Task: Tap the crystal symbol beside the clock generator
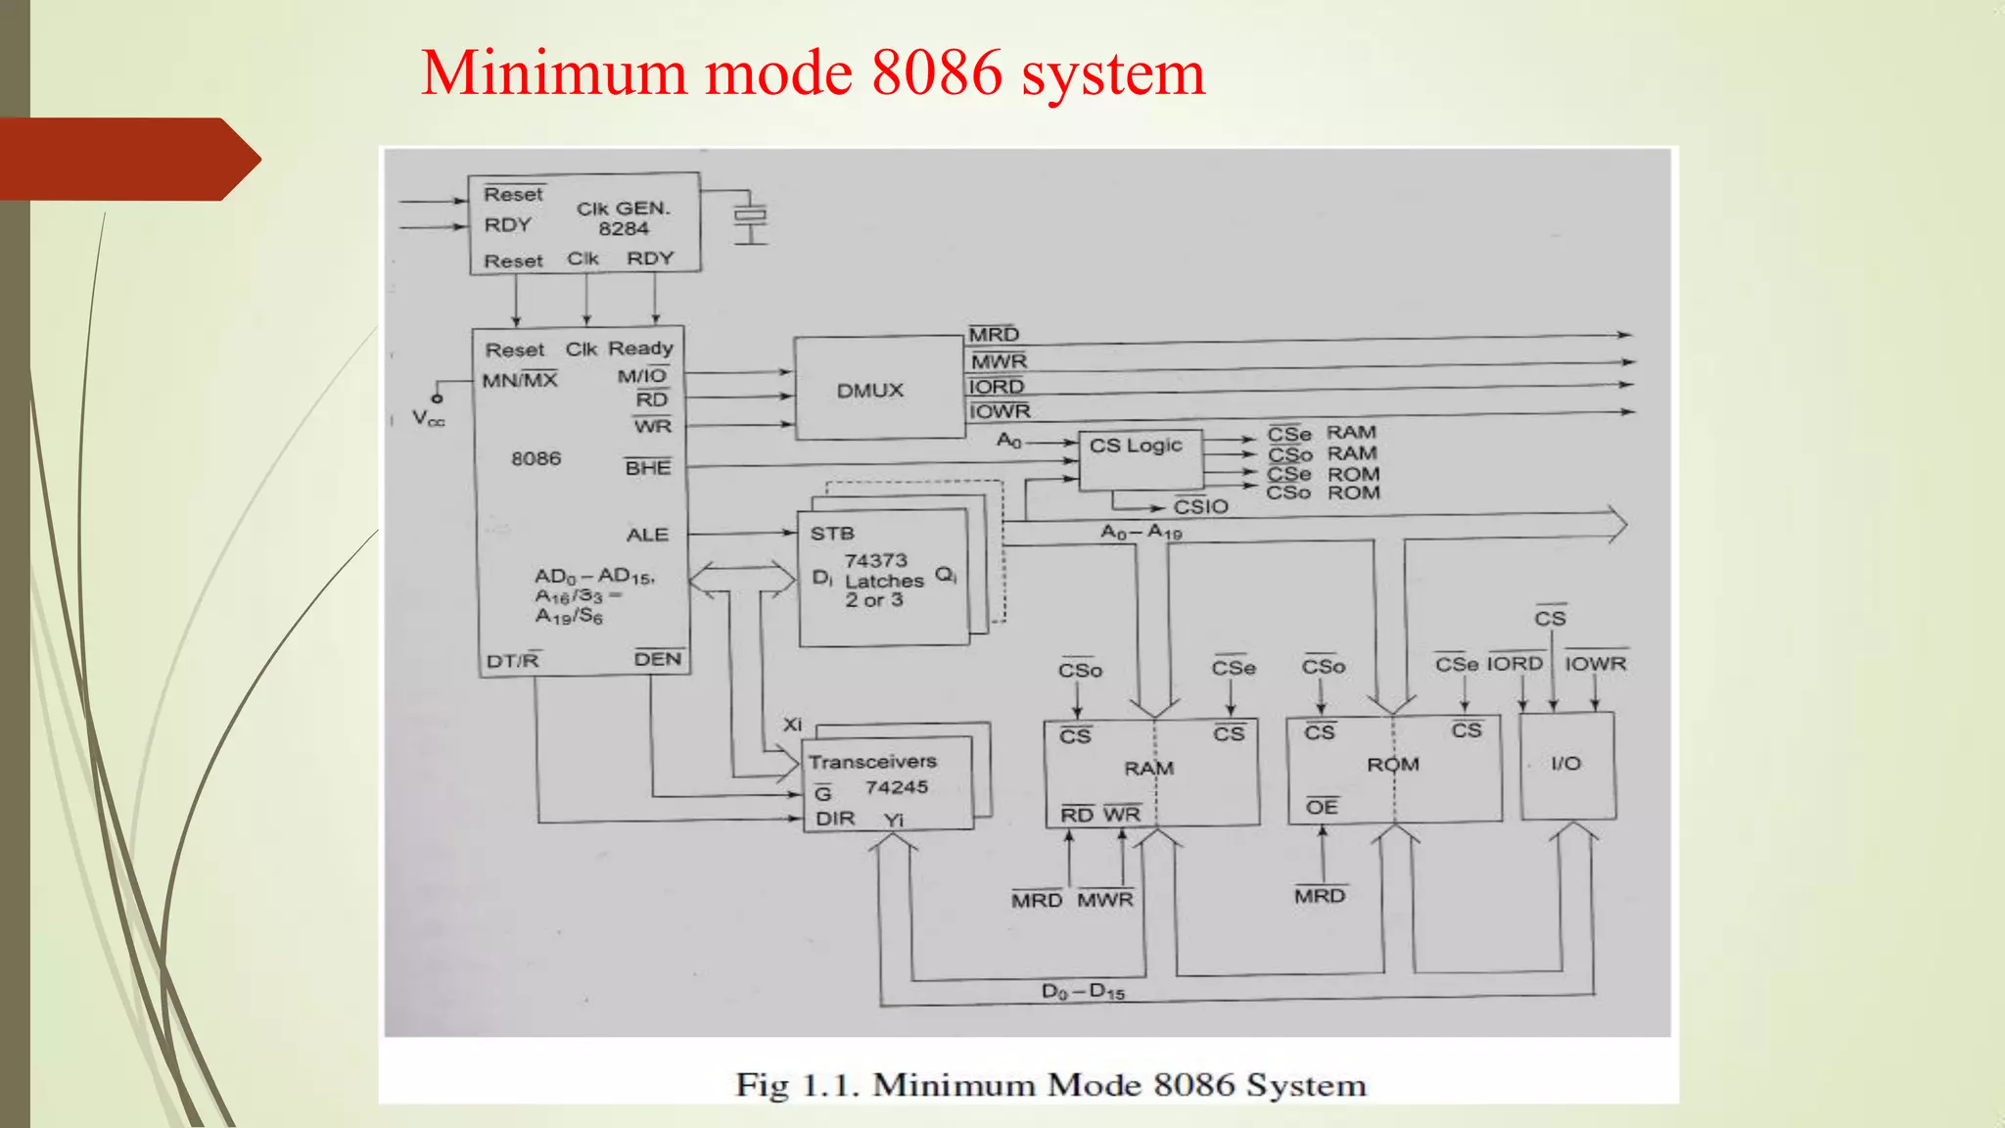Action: pos(751,217)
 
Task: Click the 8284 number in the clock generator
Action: pos(624,229)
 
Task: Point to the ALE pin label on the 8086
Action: pos(647,535)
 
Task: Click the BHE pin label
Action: pos(648,468)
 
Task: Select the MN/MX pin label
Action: pos(519,380)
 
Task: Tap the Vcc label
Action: pos(428,419)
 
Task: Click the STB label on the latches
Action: pos(832,534)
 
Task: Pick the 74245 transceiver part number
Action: pos(896,787)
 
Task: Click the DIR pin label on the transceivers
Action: pos(835,819)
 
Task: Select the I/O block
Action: pos(1566,765)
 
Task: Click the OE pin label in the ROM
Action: pos(1322,807)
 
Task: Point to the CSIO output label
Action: pos(1200,506)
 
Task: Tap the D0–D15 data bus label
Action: pos(1083,992)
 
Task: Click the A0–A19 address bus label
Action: pos(1142,532)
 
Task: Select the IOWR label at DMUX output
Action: pos(1000,411)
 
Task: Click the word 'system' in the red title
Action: pos(1113,73)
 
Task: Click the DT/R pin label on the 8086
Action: pos(513,661)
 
